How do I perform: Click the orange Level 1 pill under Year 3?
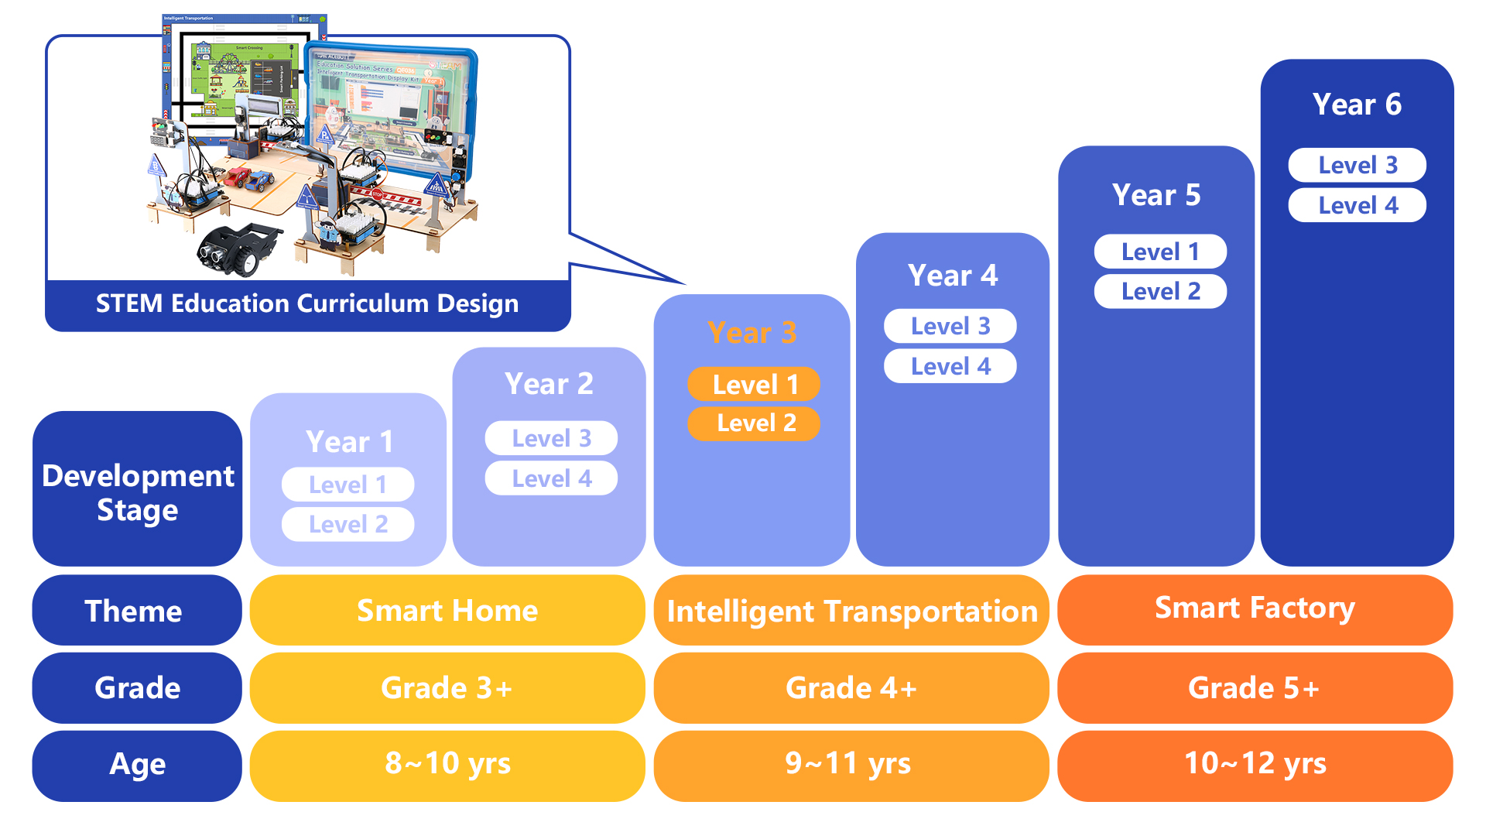[753, 385]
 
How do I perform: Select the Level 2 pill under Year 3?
[753, 423]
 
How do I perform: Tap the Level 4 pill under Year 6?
[1357, 205]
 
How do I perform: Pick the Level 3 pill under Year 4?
[950, 326]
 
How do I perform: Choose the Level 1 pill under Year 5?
[1159, 252]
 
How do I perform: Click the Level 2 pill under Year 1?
[348, 524]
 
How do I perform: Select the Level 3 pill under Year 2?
[550, 438]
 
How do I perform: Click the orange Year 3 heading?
[752, 333]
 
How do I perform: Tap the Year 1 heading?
[349, 442]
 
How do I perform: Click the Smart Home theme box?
[447, 611]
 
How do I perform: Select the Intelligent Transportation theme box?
[851, 611]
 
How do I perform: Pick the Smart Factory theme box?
[1255, 609]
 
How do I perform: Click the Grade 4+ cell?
[851, 687]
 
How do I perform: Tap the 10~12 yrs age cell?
[1255, 764]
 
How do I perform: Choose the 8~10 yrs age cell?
[447, 764]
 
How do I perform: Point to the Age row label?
[137, 764]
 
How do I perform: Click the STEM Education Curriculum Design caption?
[307, 303]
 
